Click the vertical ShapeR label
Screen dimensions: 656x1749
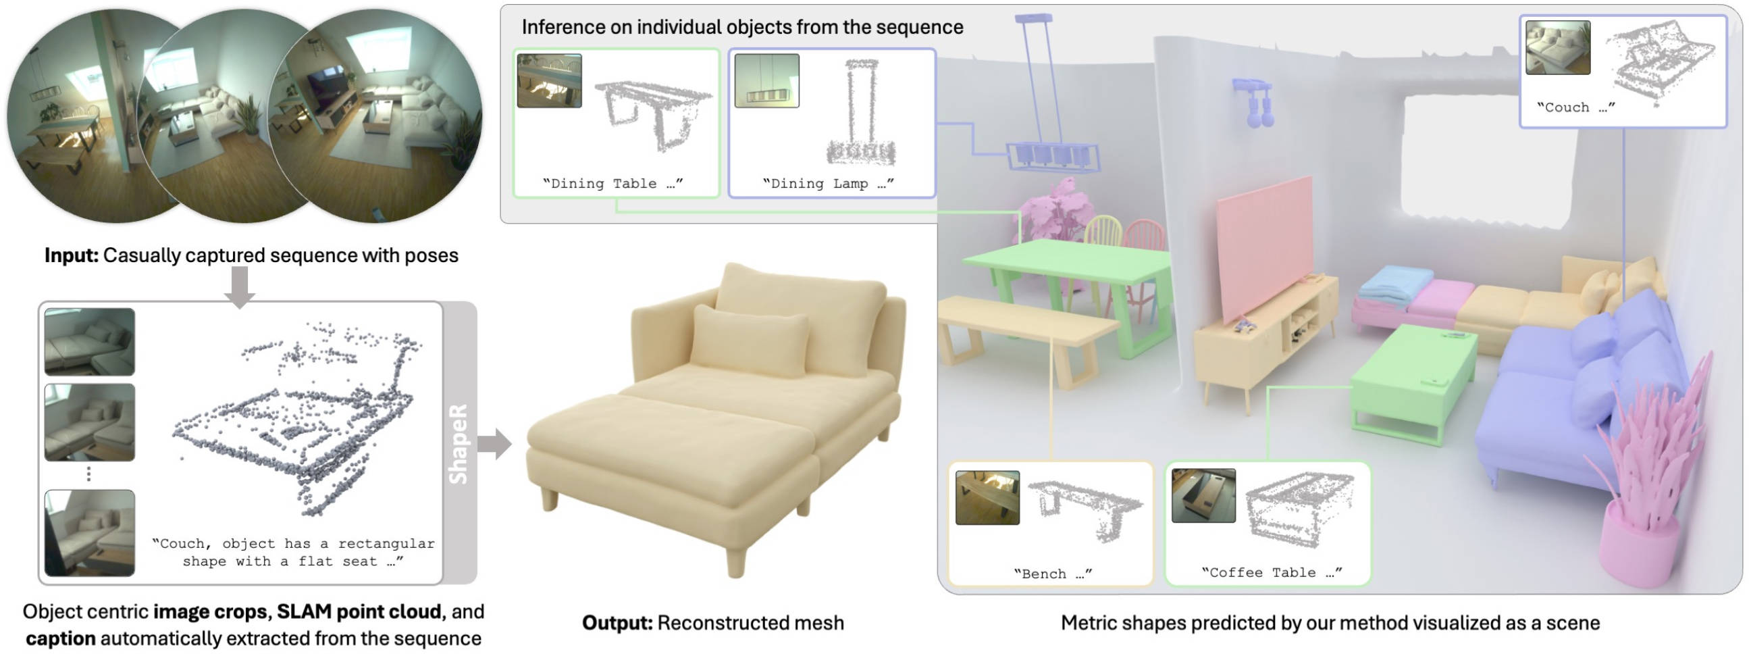pyautogui.click(x=459, y=443)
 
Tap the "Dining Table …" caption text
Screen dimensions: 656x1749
pyautogui.click(x=612, y=183)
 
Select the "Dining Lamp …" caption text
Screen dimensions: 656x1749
pyautogui.click(x=828, y=183)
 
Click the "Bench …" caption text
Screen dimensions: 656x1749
pyautogui.click(x=1052, y=574)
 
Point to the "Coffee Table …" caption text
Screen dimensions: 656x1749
pyautogui.click(x=1271, y=572)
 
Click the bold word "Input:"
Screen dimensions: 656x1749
pyautogui.click(x=72, y=255)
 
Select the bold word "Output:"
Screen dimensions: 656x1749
pyautogui.click(x=617, y=623)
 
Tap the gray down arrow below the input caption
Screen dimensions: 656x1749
pyautogui.click(x=239, y=286)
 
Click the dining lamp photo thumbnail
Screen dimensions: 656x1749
pyautogui.click(x=766, y=81)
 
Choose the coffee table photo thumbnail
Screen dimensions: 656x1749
pyautogui.click(x=1203, y=495)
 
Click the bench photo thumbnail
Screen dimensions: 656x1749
pyautogui.click(x=987, y=498)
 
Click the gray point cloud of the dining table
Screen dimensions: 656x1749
pyautogui.click(x=653, y=112)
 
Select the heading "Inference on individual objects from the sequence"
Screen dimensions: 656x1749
pyautogui.click(x=742, y=27)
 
